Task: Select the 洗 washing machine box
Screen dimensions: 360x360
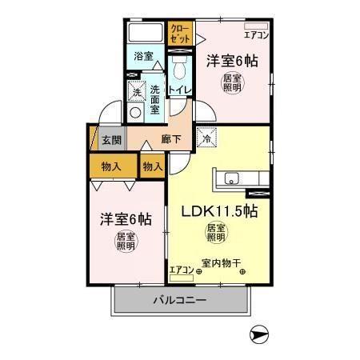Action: pyautogui.click(x=136, y=93)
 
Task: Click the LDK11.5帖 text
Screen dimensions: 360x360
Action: pyautogui.click(x=218, y=213)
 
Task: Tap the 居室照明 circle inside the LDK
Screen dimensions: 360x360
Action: pyautogui.click(x=215, y=234)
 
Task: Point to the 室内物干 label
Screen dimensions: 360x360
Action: pyautogui.click(x=223, y=263)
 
